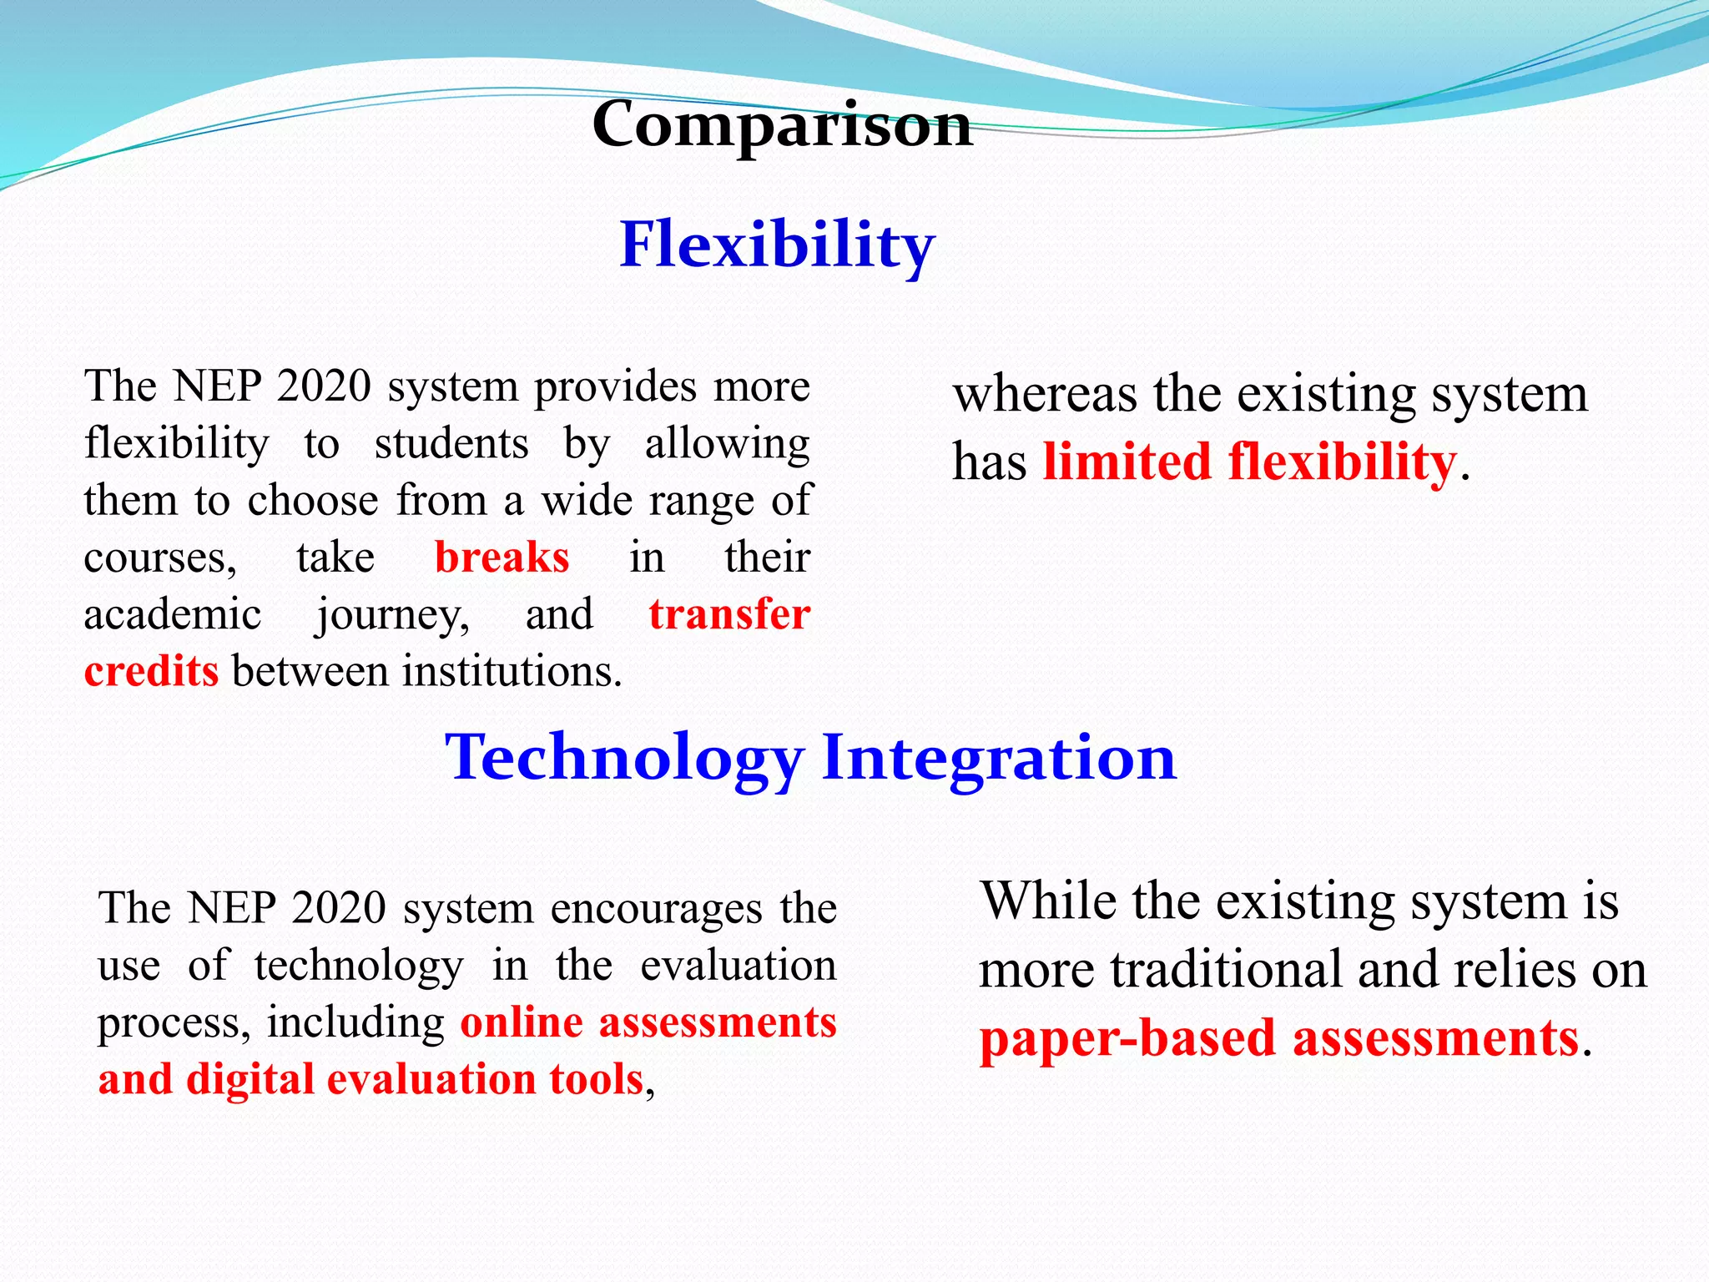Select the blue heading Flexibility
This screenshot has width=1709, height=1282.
coord(777,245)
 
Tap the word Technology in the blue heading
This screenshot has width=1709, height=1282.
coord(624,757)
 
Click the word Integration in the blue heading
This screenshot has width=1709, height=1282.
coord(999,757)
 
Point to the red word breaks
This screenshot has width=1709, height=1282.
coord(502,557)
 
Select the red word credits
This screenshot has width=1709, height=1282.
coord(151,671)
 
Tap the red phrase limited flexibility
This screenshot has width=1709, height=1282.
coord(1249,462)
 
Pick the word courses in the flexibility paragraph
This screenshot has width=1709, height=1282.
coord(160,558)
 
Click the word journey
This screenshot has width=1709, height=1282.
coord(392,615)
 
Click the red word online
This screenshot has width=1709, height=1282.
coord(522,1022)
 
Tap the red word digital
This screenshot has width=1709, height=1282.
coord(250,1079)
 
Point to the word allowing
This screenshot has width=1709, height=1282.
coord(727,443)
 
